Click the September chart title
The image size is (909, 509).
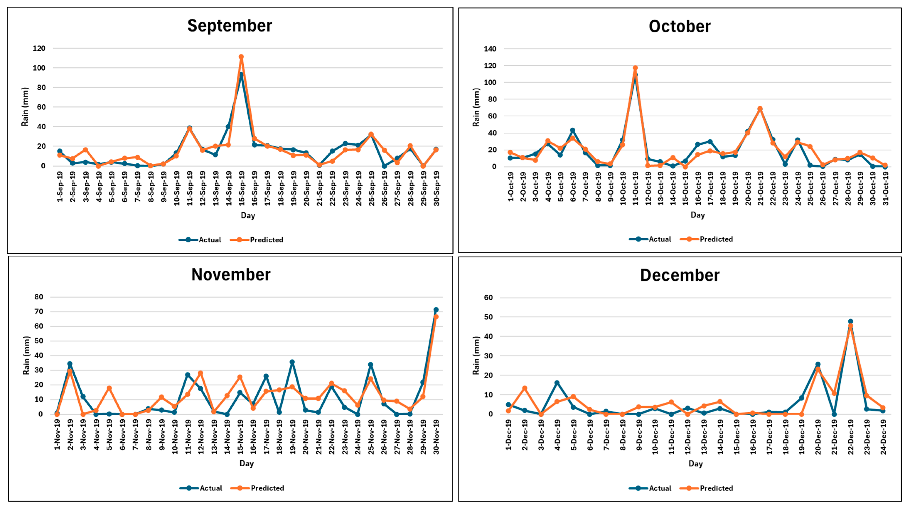pyautogui.click(x=230, y=26)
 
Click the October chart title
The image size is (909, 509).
pyautogui.click(x=680, y=26)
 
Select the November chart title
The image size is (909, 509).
pyautogui.click(x=231, y=275)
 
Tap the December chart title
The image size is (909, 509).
pyautogui.click(x=680, y=275)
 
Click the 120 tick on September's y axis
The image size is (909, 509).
pyautogui.click(x=39, y=48)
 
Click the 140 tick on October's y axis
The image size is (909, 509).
pyautogui.click(x=490, y=49)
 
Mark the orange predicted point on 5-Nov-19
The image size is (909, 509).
pyautogui.click(x=109, y=388)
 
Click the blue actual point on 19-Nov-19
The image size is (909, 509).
pyautogui.click(x=292, y=362)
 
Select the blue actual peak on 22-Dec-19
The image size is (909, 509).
pyautogui.click(x=850, y=322)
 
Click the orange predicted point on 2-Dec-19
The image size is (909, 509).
pyautogui.click(x=525, y=388)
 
